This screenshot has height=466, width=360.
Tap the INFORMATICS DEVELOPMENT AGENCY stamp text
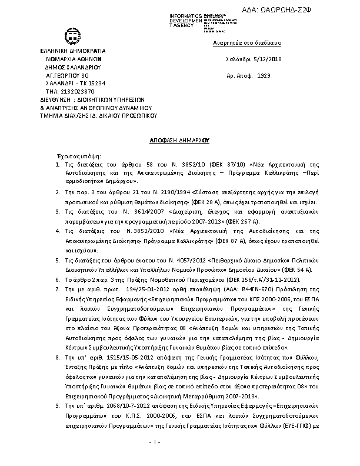pyautogui.click(x=185, y=20)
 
